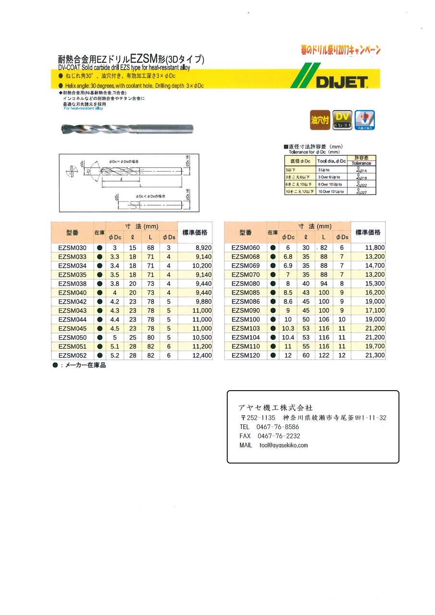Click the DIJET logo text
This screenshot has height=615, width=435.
342,83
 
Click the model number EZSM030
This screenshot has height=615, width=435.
72,248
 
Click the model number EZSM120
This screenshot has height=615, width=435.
246,356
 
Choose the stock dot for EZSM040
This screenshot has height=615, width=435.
99,293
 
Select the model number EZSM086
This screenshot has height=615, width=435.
246,302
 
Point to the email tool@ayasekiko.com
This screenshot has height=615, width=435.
284,445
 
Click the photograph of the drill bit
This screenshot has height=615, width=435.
128,128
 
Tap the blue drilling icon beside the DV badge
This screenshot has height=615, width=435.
364,120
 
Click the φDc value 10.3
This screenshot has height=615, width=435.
287,329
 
